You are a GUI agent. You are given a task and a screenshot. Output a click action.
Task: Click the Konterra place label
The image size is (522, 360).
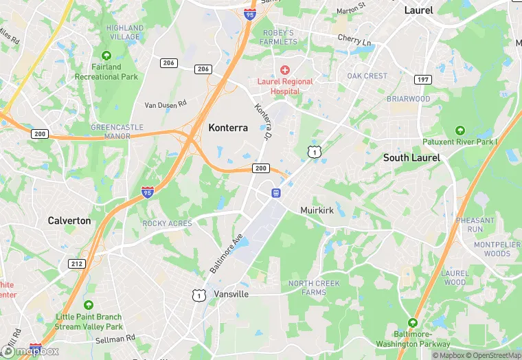pyautogui.click(x=233, y=127)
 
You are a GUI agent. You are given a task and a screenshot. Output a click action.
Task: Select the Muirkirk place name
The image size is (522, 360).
pyautogui.click(x=317, y=210)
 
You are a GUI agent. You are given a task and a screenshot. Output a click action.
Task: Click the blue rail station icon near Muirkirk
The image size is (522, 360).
pyautogui.click(x=277, y=193)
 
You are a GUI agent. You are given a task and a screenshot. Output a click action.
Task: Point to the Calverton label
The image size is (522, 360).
pyautogui.click(x=69, y=221)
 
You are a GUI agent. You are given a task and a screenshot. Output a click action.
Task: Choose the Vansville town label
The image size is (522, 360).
pyautogui.click(x=231, y=293)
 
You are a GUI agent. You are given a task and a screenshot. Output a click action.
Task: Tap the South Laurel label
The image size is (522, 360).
pyautogui.click(x=411, y=157)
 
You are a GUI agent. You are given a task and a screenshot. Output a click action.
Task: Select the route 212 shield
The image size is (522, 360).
pyautogui.click(x=76, y=264)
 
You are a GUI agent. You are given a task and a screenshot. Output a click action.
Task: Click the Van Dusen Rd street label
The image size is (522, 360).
pyautogui.click(x=165, y=104)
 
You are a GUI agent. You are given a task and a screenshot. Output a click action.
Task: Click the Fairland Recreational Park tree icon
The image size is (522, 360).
pyautogui.click(x=106, y=55)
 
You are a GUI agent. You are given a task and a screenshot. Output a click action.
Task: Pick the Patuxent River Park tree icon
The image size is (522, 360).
pyautogui.click(x=459, y=130)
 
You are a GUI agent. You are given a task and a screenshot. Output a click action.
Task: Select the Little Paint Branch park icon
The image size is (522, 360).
pyautogui.click(x=88, y=305)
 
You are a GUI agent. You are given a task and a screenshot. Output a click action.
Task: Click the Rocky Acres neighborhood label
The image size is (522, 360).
pyautogui.click(x=167, y=223)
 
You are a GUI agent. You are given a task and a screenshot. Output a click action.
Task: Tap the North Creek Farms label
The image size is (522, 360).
pyautogui.click(x=315, y=287)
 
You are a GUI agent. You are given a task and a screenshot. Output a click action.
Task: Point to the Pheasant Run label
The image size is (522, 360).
pyautogui.click(x=475, y=225)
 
